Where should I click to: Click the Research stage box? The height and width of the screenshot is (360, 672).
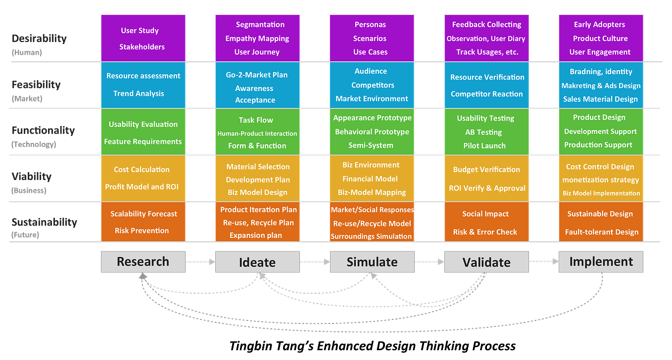[143, 262]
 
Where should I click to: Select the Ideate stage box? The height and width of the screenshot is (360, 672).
[257, 262]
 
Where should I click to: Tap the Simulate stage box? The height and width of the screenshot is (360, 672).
[372, 262]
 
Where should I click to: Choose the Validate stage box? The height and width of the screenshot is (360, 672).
[486, 262]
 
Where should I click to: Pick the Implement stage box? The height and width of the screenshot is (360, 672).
[601, 262]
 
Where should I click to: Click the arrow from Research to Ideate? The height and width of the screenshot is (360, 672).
[200, 262]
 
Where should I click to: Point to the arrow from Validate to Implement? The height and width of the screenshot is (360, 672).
[544, 262]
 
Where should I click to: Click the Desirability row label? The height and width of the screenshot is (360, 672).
[39, 39]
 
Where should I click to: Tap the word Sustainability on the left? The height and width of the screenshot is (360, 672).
[44, 222]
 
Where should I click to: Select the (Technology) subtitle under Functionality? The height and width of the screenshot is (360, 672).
[34, 144]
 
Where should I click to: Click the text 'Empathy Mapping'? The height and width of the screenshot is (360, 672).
[257, 39]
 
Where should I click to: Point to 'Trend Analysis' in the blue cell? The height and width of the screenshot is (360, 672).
[139, 93]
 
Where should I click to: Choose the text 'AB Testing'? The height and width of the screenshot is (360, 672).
[483, 132]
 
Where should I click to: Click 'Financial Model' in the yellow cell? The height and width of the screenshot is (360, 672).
[370, 179]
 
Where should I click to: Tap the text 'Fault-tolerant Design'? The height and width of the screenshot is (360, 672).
[602, 232]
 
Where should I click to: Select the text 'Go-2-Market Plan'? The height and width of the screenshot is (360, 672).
[256, 75]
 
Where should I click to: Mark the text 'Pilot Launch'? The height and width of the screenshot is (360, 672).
[484, 146]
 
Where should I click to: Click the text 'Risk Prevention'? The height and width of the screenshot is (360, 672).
[142, 230]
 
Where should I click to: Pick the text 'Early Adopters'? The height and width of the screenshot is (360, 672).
[599, 25]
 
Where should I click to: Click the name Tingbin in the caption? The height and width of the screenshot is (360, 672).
[251, 346]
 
